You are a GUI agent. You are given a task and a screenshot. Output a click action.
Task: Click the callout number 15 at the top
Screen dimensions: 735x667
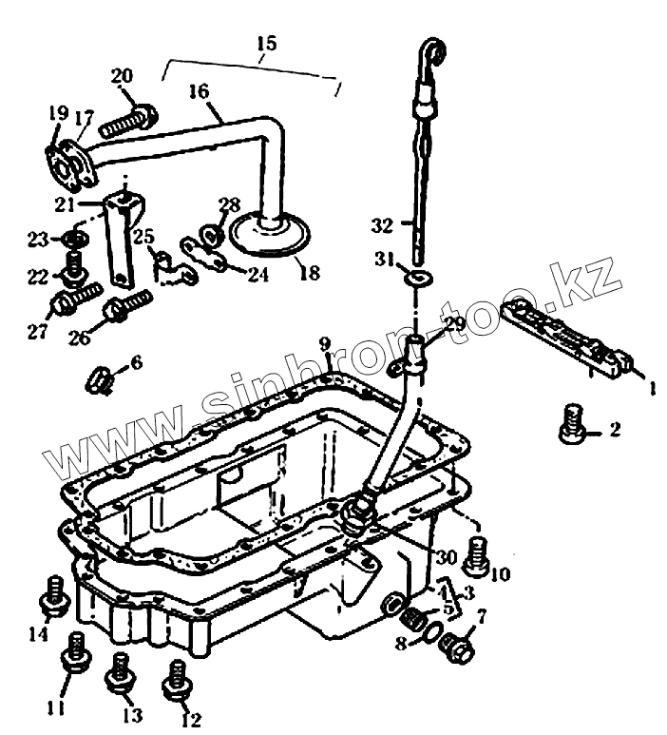[x=265, y=44]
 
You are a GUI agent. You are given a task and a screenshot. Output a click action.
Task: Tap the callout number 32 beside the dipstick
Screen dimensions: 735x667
[x=382, y=225]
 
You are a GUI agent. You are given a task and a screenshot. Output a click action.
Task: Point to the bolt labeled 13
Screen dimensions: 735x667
[x=119, y=672]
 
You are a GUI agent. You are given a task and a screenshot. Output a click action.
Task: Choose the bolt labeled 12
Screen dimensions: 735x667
[x=175, y=677]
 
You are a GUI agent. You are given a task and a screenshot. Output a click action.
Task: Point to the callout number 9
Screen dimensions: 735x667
[x=325, y=343]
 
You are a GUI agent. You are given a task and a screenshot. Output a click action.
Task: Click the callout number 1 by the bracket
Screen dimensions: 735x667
[x=651, y=387]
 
